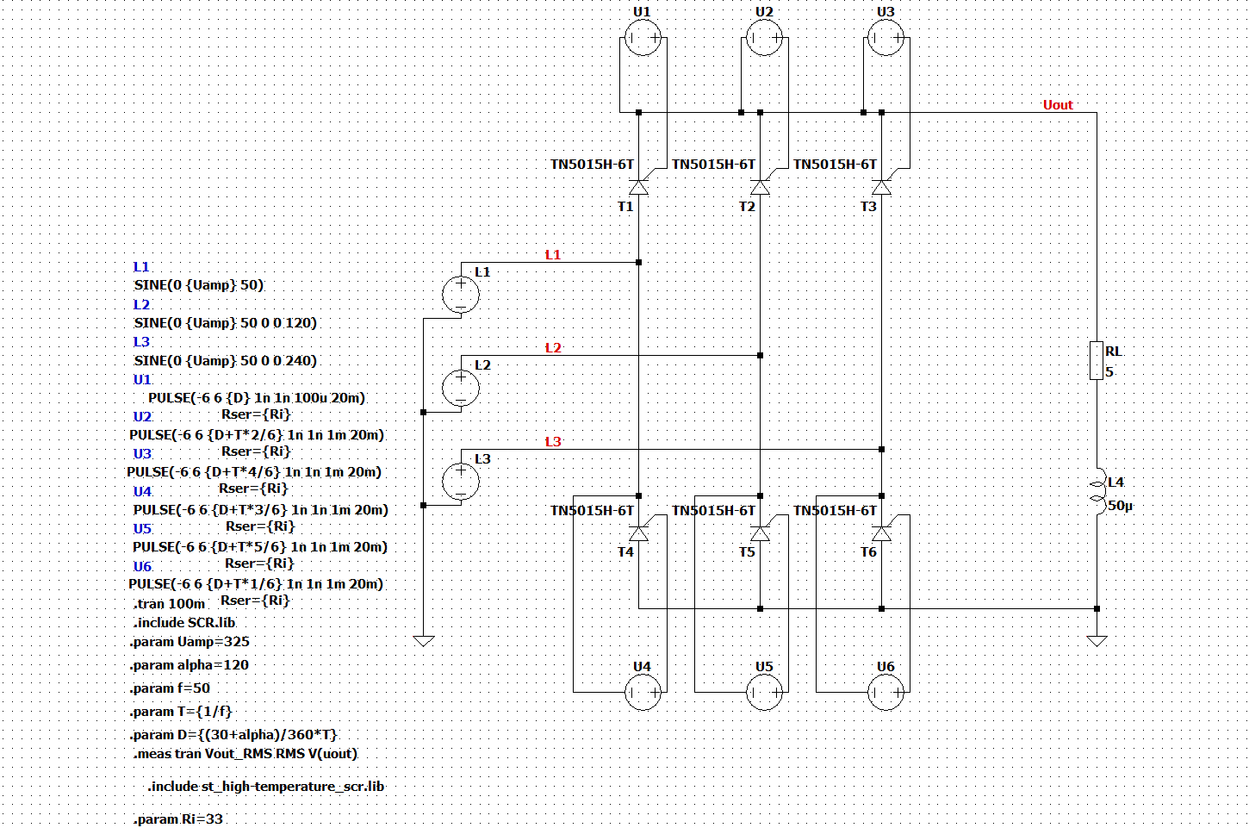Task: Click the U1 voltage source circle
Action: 643,38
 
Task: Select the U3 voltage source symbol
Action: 885,38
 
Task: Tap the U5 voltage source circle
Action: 764,693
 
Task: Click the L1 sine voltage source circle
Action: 461,295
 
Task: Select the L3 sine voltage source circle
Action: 461,481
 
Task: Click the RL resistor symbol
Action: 1097,361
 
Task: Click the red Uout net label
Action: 1058,105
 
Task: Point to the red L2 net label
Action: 552,348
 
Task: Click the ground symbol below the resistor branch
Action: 1097,641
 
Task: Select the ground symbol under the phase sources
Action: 424,641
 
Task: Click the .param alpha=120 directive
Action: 190,665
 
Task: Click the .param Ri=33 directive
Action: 178,819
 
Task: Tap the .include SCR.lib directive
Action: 184,623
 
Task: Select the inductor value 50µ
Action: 1120,507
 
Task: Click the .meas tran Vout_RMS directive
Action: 245,754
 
